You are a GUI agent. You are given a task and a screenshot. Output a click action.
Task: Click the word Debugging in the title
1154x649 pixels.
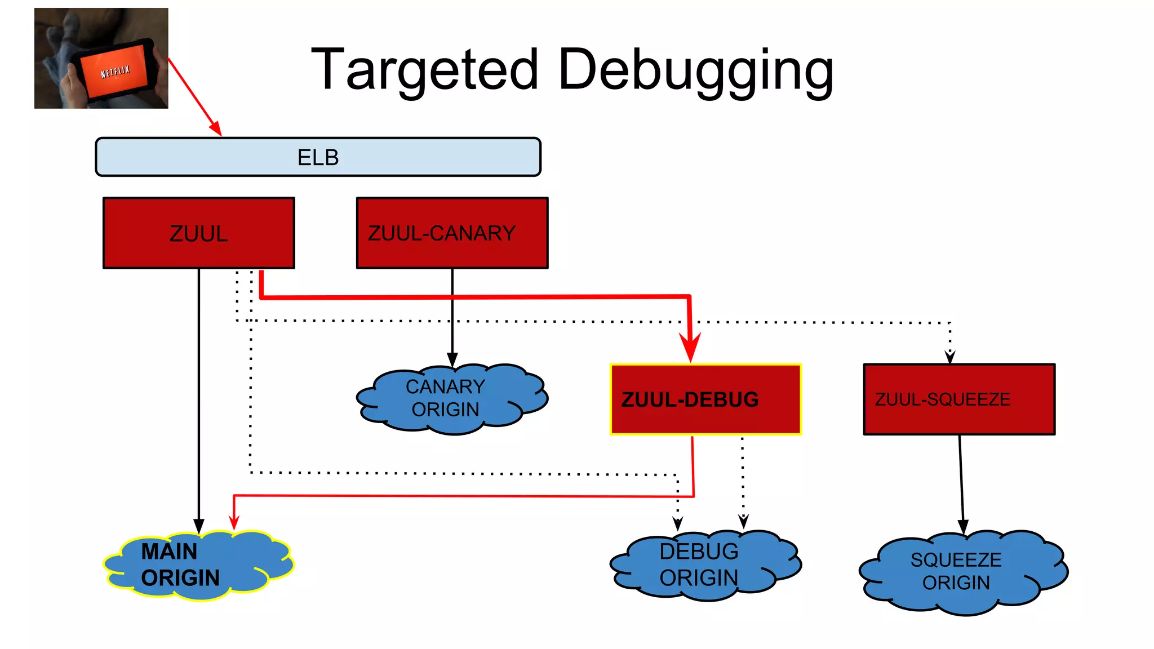[x=695, y=70]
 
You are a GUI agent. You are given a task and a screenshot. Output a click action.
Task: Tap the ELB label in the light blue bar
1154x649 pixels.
[x=318, y=157]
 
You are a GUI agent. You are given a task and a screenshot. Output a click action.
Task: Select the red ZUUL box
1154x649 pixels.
[x=198, y=233]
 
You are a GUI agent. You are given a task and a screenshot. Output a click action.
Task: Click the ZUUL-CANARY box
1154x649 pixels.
[x=452, y=233]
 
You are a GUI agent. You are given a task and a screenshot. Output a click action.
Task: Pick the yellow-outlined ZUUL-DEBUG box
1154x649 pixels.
[x=705, y=399]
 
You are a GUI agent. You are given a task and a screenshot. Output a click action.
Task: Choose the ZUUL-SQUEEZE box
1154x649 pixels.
[x=959, y=399]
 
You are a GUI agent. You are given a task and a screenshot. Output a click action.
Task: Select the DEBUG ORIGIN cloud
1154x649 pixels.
[x=704, y=564]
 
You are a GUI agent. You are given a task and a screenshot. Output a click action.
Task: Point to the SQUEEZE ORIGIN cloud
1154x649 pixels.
[x=961, y=571]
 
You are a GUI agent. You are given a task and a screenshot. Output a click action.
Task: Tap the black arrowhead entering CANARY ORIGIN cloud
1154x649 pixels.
[x=452, y=359]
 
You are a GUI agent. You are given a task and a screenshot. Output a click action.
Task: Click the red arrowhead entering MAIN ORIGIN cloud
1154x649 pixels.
[x=234, y=523]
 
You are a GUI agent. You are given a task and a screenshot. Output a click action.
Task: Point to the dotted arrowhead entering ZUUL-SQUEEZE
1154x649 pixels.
[x=950, y=357]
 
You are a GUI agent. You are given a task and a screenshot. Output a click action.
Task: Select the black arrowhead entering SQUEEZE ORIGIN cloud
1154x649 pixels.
[x=963, y=527]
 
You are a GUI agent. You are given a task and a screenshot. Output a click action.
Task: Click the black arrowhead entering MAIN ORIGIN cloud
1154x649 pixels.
[x=199, y=526]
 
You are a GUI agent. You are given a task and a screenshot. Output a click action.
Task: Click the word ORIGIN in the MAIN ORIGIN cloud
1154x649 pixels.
[x=180, y=578]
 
